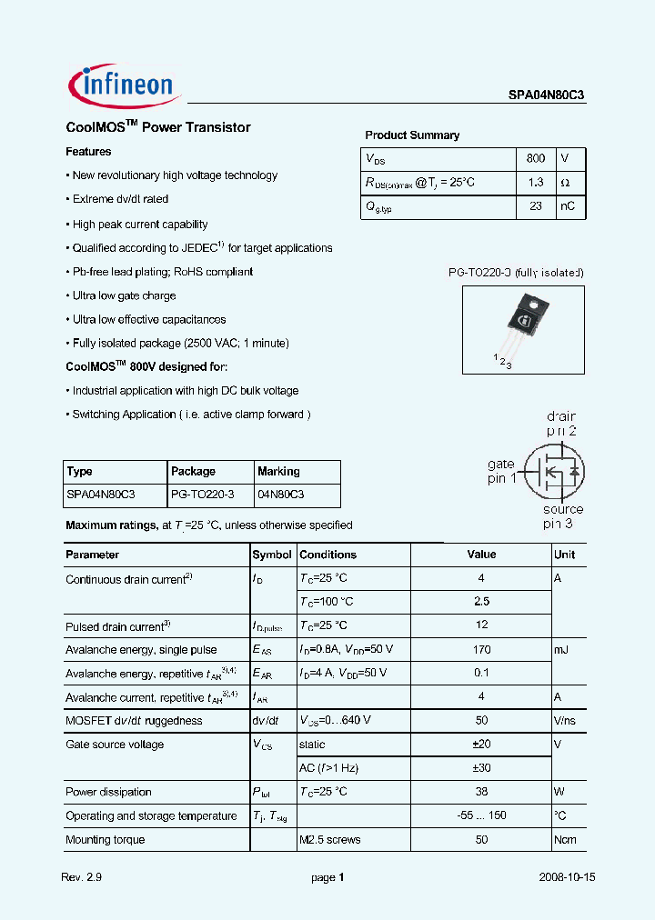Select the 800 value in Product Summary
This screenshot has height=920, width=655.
pos(536,158)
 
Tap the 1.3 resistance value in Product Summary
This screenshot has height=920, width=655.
pos(536,183)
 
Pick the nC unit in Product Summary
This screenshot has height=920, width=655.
pos(567,207)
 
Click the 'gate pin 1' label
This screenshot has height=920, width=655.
pos(501,471)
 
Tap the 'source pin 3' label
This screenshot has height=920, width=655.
pos(562,516)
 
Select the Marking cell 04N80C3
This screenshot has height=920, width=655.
pos(281,495)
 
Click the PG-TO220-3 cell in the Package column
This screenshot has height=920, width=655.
pos(202,495)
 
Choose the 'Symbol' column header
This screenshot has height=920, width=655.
pos(272,555)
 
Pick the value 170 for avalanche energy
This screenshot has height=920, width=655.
pos(481,650)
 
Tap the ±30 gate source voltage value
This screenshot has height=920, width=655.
pos(481,768)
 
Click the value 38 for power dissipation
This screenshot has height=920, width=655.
pos(481,792)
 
